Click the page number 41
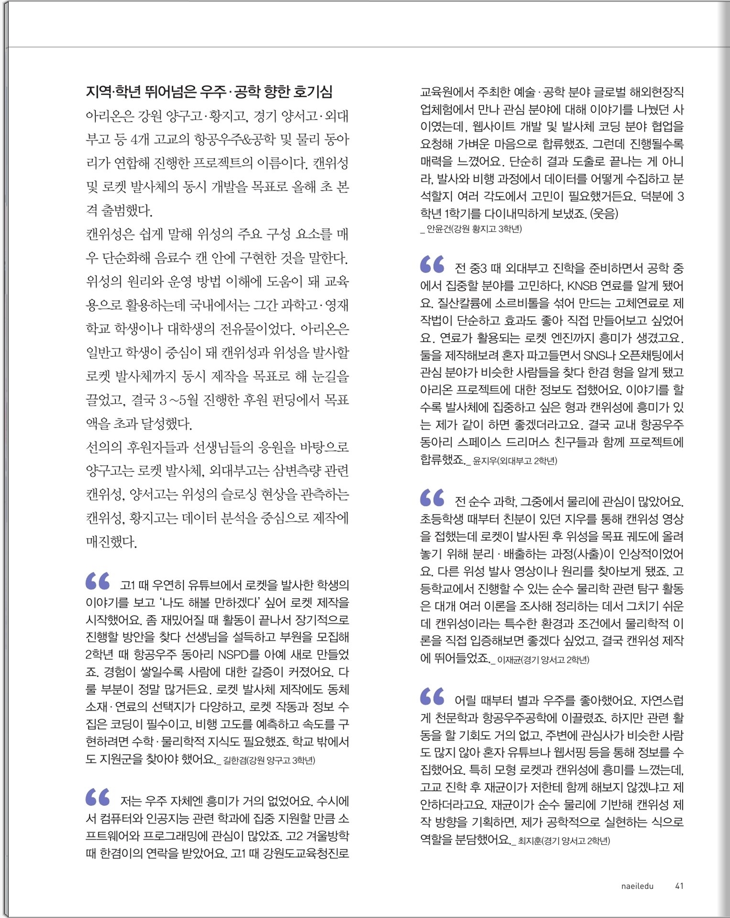coord(679,886)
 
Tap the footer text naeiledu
coord(637,886)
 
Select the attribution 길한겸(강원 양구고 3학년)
coord(269,760)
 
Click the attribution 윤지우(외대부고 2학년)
coord(514,461)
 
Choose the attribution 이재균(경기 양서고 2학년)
coord(543,660)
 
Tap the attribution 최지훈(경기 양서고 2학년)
coord(563,840)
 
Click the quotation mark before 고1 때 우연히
coord(98,581)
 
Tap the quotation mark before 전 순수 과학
coord(432,498)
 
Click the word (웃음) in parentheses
coord(604,213)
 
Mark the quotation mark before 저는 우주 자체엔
coord(98,797)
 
